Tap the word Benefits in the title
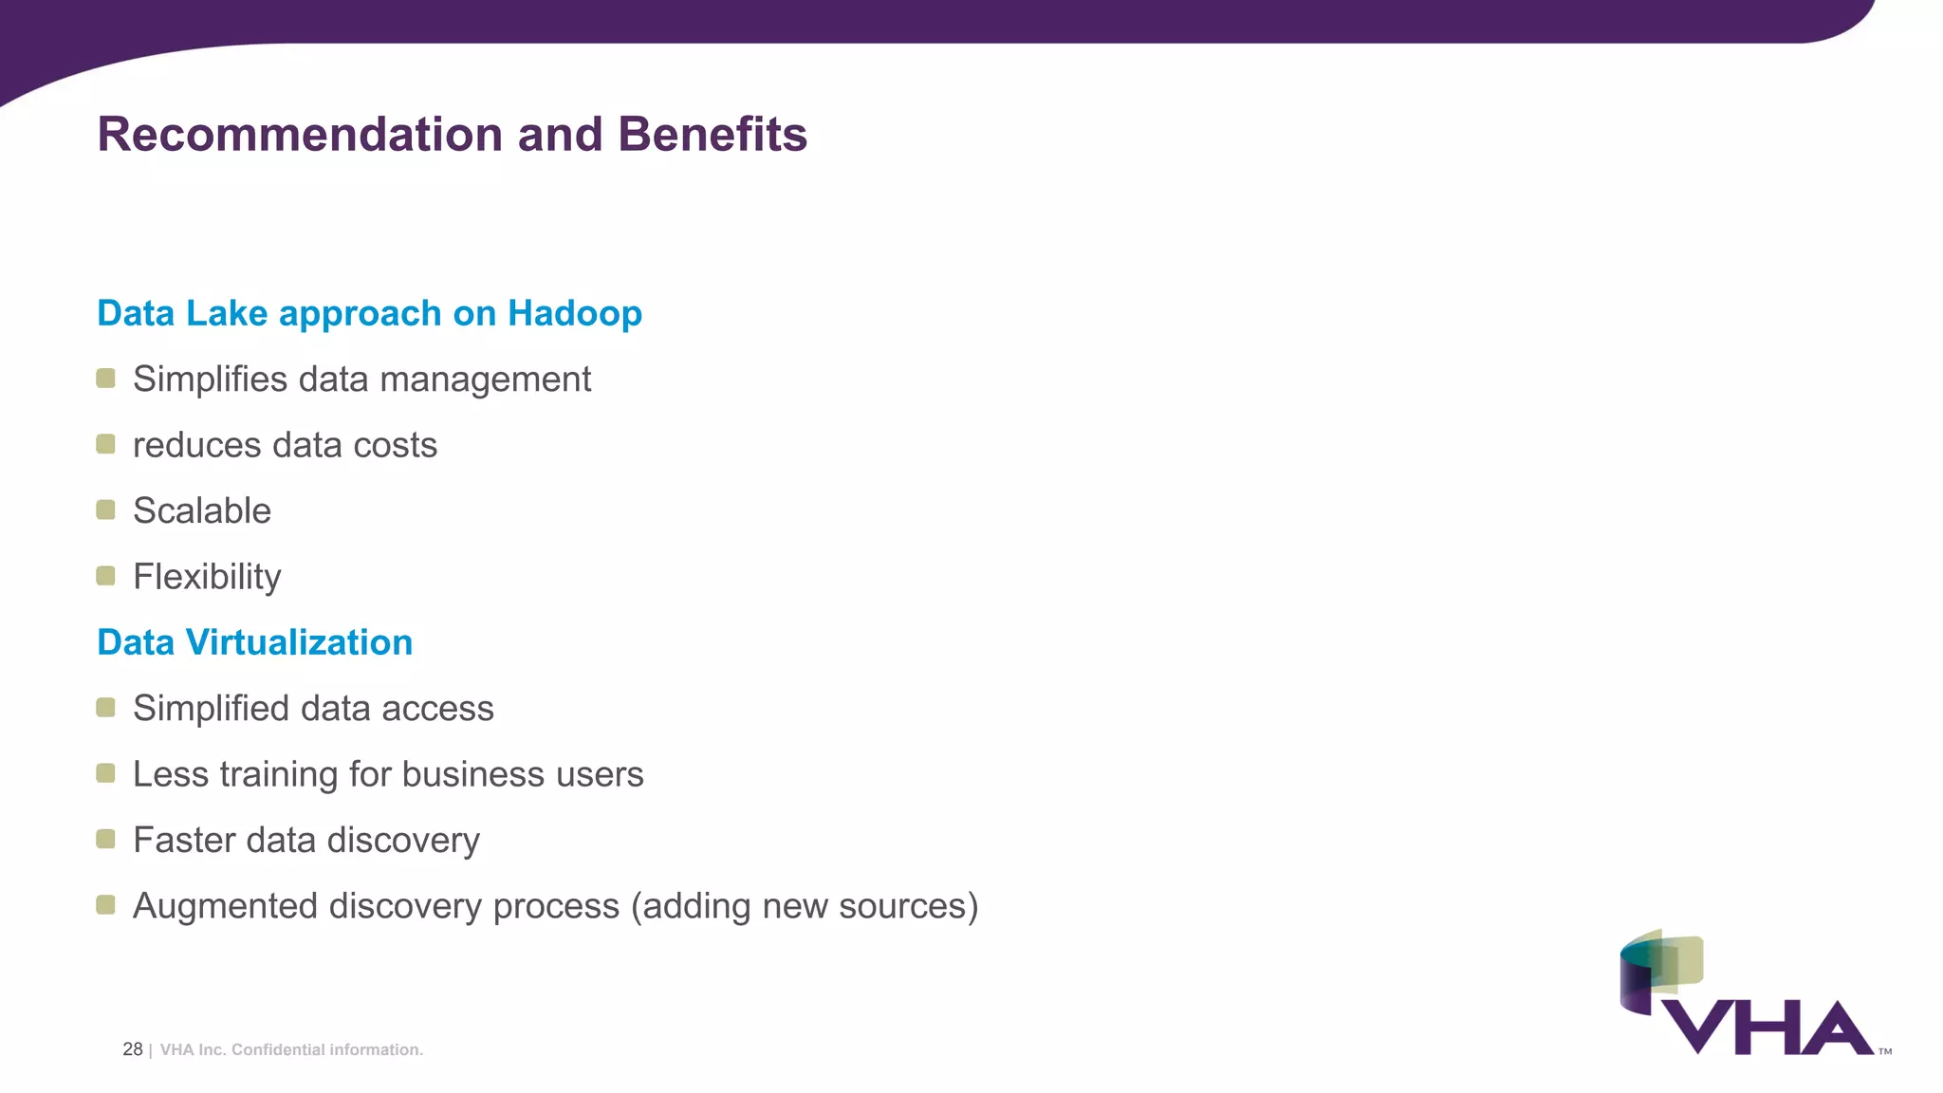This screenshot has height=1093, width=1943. tap(712, 134)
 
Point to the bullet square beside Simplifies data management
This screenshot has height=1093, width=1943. tap(105, 379)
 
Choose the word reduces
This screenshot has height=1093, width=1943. tap(196, 445)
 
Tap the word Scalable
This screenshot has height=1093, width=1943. tap(202, 510)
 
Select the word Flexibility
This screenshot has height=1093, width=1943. tap(207, 577)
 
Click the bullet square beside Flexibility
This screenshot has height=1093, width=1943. tap(105, 576)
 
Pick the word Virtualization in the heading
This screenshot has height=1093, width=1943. tap(299, 642)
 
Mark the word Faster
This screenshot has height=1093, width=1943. tap(184, 841)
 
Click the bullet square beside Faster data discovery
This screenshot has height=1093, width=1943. tap(105, 839)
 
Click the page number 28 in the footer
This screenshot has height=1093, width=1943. tap(132, 1049)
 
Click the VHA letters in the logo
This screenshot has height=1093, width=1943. tap(1767, 1028)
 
